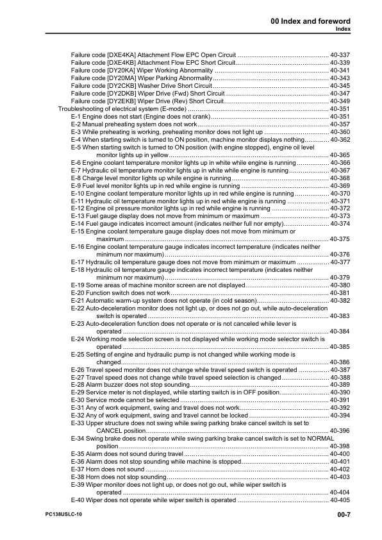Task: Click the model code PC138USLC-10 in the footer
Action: (65, 515)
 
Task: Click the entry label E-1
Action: (77, 117)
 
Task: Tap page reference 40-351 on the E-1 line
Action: (340, 117)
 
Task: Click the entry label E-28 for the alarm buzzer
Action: (79, 384)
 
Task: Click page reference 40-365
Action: (340, 155)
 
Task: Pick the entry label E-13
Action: (79, 216)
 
